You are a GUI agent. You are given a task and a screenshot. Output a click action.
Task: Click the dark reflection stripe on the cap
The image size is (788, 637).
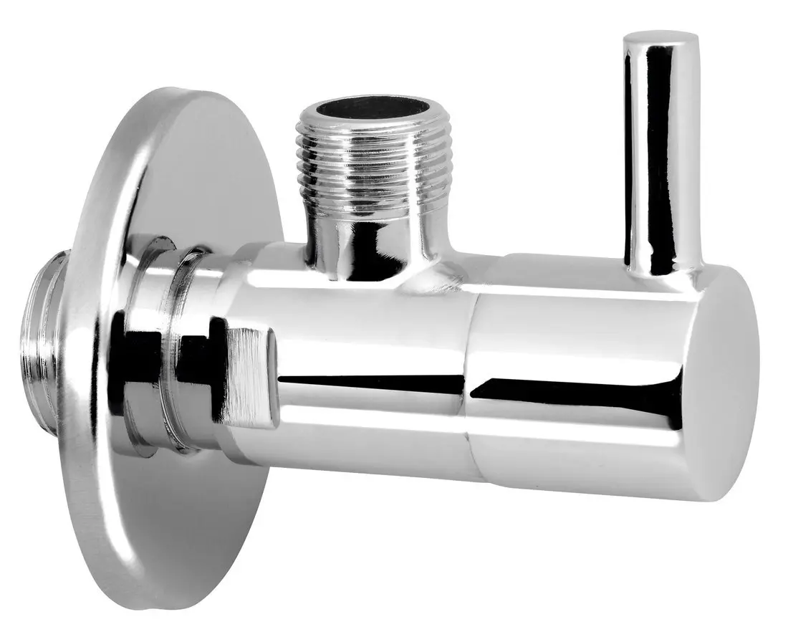coord(573,391)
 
